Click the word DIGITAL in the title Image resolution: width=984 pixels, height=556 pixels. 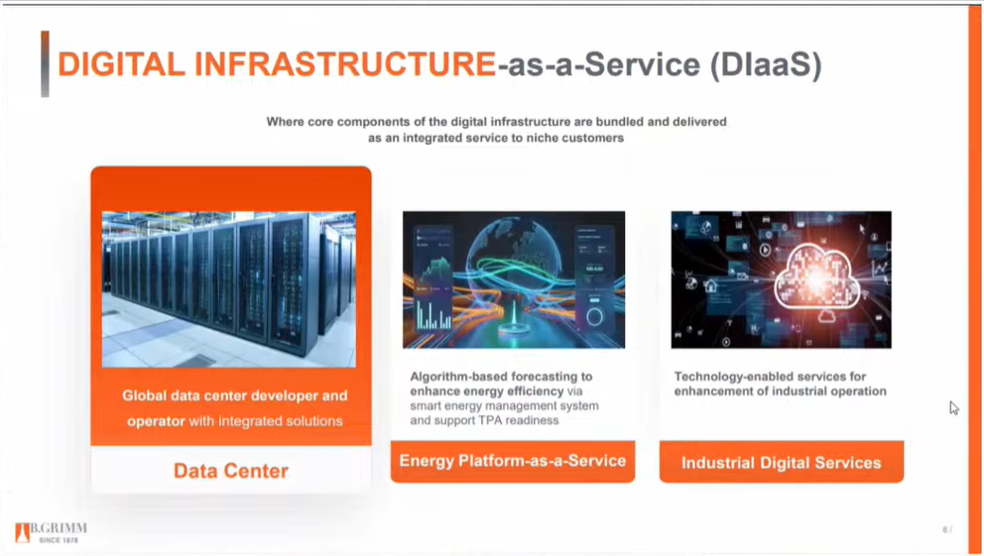coord(121,64)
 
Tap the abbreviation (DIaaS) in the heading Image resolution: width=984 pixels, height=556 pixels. coord(766,64)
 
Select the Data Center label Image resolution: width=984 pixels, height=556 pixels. coord(231,471)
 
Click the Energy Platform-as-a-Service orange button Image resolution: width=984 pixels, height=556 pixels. coord(513,461)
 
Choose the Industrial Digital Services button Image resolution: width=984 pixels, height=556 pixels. coord(782,463)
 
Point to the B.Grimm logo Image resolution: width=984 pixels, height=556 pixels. coord(51,532)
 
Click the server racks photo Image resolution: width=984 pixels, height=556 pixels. coord(228,289)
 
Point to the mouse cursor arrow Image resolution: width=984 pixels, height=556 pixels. coord(954,408)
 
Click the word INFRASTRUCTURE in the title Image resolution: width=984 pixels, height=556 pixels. coord(344,64)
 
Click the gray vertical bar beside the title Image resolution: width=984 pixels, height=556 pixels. coord(45,64)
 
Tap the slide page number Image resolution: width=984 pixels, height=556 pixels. coord(947,529)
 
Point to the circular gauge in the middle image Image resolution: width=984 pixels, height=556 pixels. coord(594,316)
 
